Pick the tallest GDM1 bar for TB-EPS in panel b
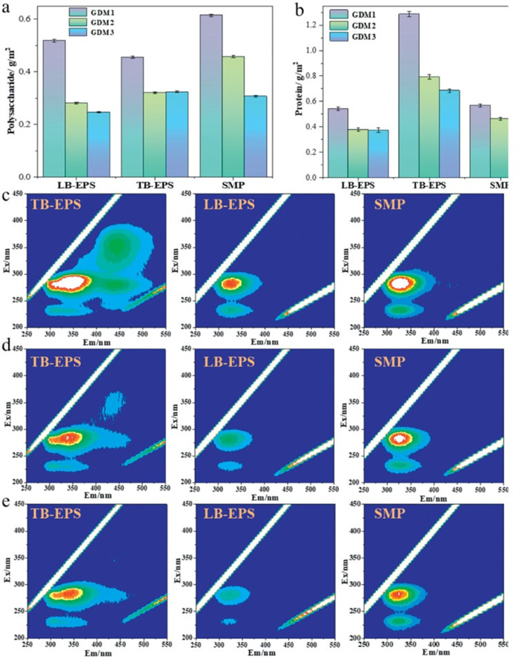[x=409, y=96]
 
